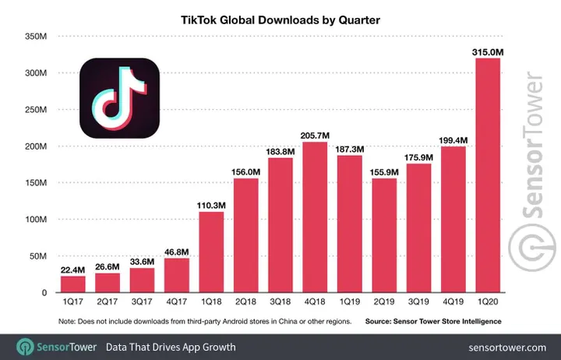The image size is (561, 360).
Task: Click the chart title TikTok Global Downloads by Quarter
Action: (x=280, y=20)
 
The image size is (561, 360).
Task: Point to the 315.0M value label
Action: (x=488, y=52)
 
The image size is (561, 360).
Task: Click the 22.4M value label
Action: (x=73, y=269)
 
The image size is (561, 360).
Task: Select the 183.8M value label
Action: (x=280, y=150)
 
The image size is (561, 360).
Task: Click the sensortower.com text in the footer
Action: (x=507, y=346)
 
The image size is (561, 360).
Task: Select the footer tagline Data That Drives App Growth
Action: (x=171, y=346)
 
